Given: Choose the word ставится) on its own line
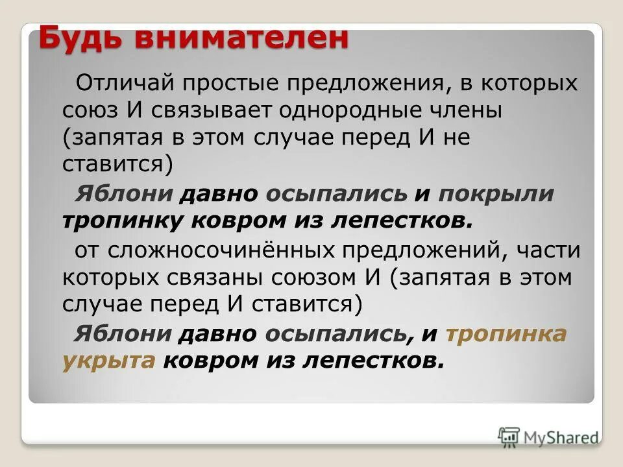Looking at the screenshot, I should [117, 165].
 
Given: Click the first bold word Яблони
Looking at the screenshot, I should [124, 193].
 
